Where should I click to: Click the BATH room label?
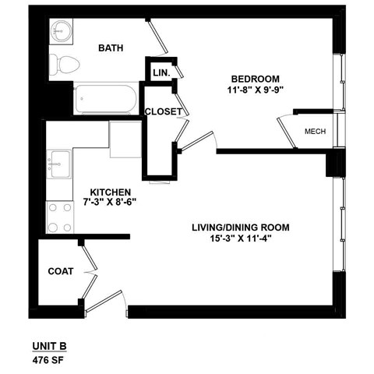click(111, 48)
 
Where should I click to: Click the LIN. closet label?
click(161, 72)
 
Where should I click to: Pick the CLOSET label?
click(163, 111)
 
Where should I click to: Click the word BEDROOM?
click(255, 79)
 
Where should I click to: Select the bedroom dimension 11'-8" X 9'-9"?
click(255, 90)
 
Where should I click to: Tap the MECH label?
click(315, 132)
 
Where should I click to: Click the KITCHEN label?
click(110, 192)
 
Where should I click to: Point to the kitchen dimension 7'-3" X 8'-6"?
click(110, 203)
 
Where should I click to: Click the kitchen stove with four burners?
click(59, 217)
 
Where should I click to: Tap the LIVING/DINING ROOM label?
click(241, 228)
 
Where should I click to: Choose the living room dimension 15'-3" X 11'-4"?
click(241, 239)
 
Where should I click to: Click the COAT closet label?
click(61, 272)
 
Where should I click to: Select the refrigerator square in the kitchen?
click(124, 139)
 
